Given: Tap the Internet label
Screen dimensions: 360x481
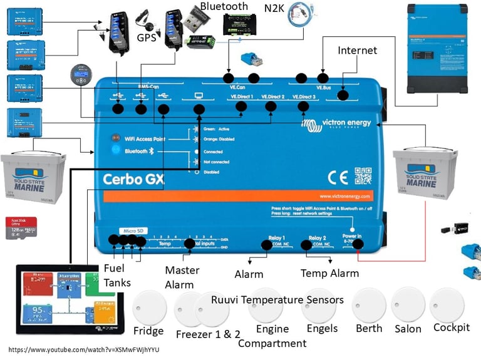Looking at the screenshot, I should click(358, 50).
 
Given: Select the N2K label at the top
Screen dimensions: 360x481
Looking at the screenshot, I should click(274, 8).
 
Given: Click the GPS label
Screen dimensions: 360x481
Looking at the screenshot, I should click(146, 37).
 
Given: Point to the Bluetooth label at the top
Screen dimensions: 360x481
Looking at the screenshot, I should click(224, 6).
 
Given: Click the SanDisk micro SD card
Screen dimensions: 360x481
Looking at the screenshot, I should click(21, 228).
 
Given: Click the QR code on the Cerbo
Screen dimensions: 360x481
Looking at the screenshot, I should click(363, 176).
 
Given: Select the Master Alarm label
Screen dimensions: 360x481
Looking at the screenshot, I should click(182, 277).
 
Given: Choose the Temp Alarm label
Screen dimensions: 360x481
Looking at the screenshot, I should click(329, 273).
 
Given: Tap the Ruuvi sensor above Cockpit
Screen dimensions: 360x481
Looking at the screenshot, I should click(447, 305).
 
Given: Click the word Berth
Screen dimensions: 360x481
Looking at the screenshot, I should click(369, 329).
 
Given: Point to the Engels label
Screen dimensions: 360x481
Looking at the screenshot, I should click(322, 329).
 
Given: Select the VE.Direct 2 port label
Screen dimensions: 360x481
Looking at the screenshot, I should click(272, 97).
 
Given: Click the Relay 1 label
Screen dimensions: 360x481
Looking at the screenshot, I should click(276, 239).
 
